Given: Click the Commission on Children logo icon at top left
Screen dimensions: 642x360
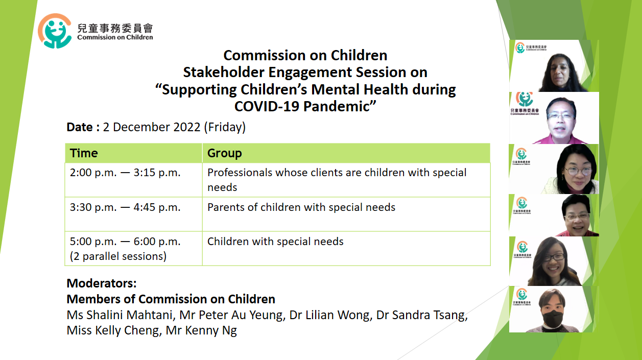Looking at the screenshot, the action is (x=55, y=31).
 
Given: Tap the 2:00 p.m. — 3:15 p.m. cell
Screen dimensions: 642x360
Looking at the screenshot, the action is (x=134, y=180).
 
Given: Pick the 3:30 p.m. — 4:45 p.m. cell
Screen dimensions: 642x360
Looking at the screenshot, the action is (x=134, y=214).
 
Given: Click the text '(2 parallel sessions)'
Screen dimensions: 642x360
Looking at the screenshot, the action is (x=118, y=256).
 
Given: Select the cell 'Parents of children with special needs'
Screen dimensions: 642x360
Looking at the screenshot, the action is (x=346, y=214).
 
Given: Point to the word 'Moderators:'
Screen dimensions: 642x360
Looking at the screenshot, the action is (x=102, y=283).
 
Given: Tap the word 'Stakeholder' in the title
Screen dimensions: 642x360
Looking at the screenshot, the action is (x=224, y=72).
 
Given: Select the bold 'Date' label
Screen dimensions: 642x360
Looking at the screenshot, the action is (x=79, y=127).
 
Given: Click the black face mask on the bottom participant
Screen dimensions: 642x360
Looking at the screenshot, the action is (x=553, y=318).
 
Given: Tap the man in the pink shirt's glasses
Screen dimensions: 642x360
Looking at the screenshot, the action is (x=560, y=116).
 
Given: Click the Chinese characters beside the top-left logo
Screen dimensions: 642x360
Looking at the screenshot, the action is (x=115, y=28).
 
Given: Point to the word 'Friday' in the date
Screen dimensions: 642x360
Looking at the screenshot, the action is (x=225, y=127).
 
